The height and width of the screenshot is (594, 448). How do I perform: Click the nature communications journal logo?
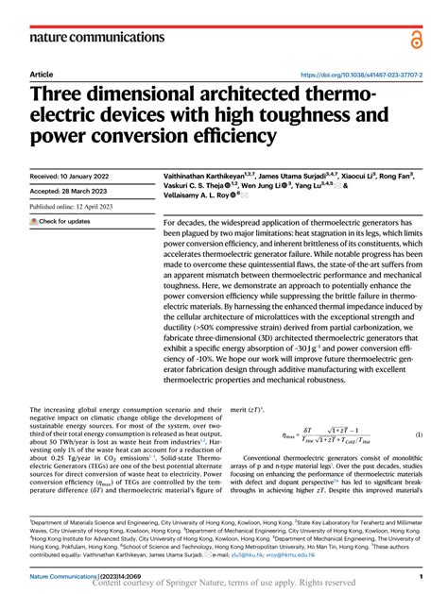pyautogui.click(x=87, y=37)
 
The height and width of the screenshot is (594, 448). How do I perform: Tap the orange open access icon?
pyautogui.click(x=416, y=38)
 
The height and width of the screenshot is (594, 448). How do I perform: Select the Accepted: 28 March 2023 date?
pyautogui.click(x=70, y=190)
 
